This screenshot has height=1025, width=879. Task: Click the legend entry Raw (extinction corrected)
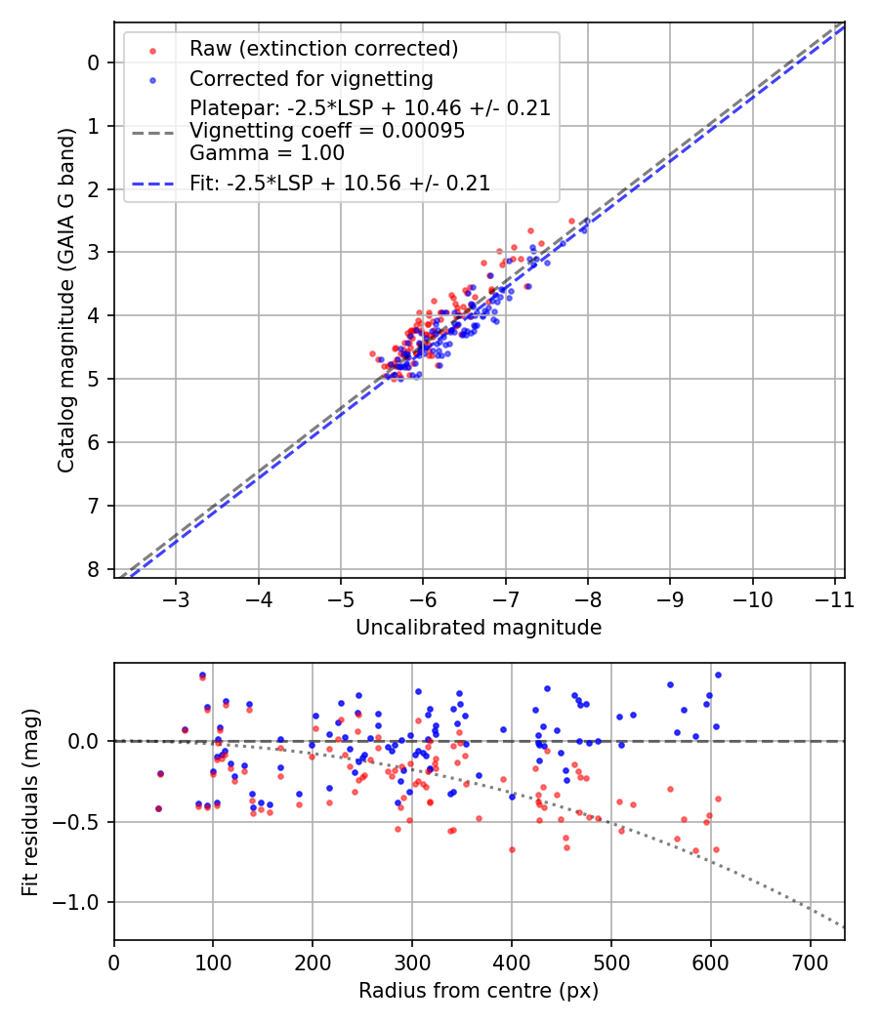pyautogui.click(x=323, y=49)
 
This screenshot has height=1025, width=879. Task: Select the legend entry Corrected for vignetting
pyautogui.click(x=311, y=78)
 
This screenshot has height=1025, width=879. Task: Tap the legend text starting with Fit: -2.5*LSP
pyautogui.click(x=340, y=183)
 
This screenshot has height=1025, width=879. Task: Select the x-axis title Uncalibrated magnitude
pyautogui.click(x=479, y=628)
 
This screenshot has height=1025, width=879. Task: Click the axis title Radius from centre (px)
pyautogui.click(x=479, y=991)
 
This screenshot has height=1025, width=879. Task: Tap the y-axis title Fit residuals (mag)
pyautogui.click(x=31, y=801)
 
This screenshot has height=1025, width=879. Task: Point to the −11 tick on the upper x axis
pyautogui.click(x=833, y=597)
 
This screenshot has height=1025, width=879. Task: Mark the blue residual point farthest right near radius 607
pyautogui.click(x=718, y=675)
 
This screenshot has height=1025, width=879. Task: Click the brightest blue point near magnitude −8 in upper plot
pyautogui.click(x=584, y=230)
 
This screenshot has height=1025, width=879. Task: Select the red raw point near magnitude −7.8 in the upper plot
pyautogui.click(x=571, y=221)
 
